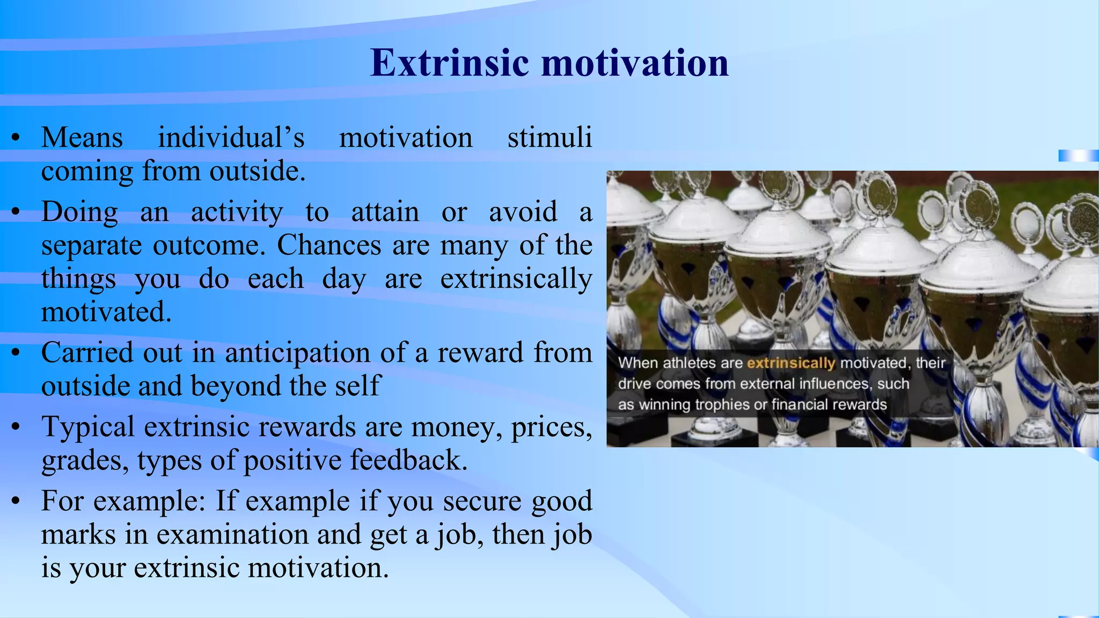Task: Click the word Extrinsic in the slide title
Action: (450, 63)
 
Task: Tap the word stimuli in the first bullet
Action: (549, 137)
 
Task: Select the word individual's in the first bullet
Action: (231, 137)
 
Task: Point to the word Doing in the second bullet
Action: (79, 211)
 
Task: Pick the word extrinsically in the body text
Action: (516, 279)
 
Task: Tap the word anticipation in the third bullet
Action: (297, 353)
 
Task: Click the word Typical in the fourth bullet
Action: (88, 427)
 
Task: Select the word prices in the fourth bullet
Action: (551, 428)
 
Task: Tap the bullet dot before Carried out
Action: (16, 353)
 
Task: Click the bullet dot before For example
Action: (16, 501)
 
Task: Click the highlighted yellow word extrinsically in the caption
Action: (790, 363)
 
